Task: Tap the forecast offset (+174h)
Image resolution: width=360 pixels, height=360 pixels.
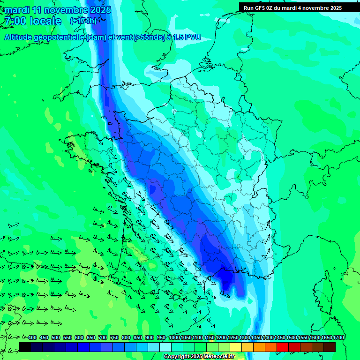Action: coord(83,21)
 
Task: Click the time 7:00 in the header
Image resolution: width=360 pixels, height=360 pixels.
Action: coord(15,22)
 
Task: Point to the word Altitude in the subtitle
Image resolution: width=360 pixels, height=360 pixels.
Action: coord(20,37)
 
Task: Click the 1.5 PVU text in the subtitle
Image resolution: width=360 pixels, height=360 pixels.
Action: coord(186,37)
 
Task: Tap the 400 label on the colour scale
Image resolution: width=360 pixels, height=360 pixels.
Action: coord(32,338)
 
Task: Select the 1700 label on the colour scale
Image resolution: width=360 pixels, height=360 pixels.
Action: coord(338,338)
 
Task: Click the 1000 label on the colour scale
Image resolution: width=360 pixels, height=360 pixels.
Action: coord(174,338)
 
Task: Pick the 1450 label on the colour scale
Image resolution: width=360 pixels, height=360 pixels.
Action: coord(279,338)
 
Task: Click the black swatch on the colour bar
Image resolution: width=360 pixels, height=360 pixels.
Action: coord(25,347)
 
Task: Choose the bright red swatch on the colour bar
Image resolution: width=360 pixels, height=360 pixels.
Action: coord(283,347)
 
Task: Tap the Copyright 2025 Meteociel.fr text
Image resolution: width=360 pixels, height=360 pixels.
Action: coord(199,356)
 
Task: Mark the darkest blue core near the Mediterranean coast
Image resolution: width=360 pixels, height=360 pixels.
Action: coord(228,280)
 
